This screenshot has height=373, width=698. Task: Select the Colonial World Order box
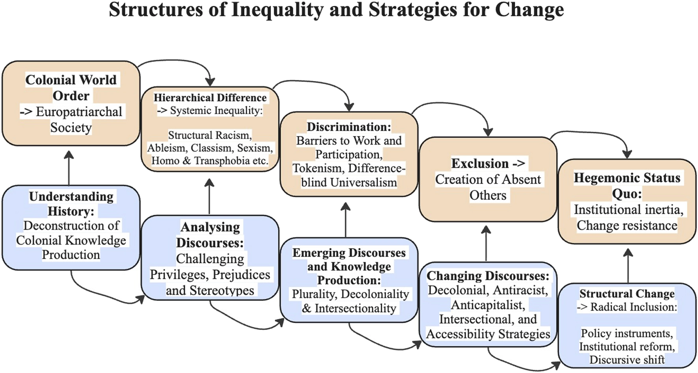pos(71,103)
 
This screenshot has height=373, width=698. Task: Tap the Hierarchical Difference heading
pos(210,98)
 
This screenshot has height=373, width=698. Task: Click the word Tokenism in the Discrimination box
pos(317,168)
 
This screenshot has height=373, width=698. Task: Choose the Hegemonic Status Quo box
pos(627,201)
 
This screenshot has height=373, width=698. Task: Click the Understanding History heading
pos(71,203)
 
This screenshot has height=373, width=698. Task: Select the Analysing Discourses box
pos(210,258)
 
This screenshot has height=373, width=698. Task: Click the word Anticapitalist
pos(488,305)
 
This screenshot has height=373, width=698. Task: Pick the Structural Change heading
pos(627,294)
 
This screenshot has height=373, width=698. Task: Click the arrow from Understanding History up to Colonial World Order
pos(69,168)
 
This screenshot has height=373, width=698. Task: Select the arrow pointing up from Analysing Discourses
pos(210,197)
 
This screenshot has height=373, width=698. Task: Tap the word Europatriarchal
pos(79,112)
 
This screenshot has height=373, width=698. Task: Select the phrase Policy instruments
pos(627,333)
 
